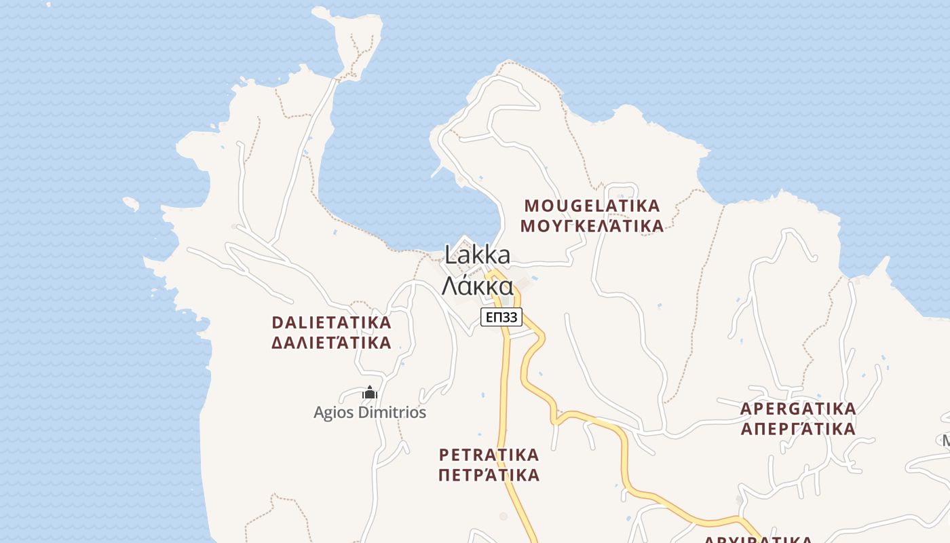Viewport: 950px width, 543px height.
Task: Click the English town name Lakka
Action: coord(477,255)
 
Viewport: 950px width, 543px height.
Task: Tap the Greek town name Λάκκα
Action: coord(477,286)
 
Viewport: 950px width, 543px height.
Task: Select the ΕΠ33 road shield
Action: coord(502,317)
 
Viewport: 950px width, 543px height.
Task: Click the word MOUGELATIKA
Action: coord(592,206)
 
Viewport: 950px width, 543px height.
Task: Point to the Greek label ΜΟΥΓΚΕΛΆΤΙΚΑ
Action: coord(592,226)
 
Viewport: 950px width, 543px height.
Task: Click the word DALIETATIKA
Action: coord(331,322)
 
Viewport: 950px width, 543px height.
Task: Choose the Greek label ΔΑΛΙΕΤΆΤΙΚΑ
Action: coord(331,343)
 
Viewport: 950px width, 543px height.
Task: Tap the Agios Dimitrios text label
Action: coord(370,412)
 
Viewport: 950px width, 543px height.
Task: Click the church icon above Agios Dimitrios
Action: coord(370,392)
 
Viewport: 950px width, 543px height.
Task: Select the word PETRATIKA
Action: coord(489,454)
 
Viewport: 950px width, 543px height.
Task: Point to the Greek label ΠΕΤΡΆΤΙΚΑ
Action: coord(489,474)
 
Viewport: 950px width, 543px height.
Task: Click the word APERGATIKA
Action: coord(797,409)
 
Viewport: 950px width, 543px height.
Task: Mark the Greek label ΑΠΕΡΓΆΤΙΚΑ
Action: coord(797,430)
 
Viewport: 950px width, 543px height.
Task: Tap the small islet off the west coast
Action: coord(131,203)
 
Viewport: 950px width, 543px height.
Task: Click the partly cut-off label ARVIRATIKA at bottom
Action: coord(758,539)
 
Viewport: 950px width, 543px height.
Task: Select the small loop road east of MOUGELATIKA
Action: coord(621,190)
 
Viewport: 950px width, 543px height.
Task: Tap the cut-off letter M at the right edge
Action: coord(945,441)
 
